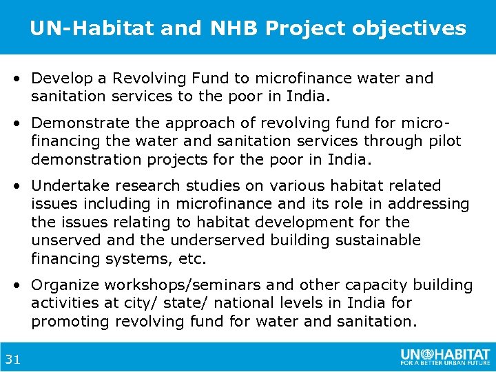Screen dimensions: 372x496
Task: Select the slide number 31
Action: point(12,358)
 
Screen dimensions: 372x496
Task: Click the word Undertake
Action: point(66,186)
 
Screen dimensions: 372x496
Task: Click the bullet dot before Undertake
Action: point(22,186)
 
